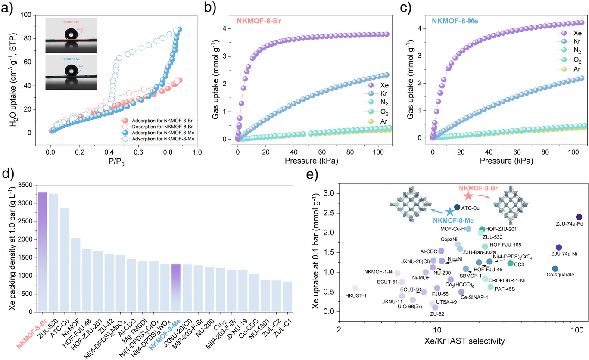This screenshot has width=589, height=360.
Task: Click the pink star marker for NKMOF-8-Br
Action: (468, 196)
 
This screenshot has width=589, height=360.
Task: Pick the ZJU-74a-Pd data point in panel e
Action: (579, 217)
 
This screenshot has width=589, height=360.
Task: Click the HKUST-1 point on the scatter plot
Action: (355, 288)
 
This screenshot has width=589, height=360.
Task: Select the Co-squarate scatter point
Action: (555, 269)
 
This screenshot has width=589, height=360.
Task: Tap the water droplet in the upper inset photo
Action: (70, 34)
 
